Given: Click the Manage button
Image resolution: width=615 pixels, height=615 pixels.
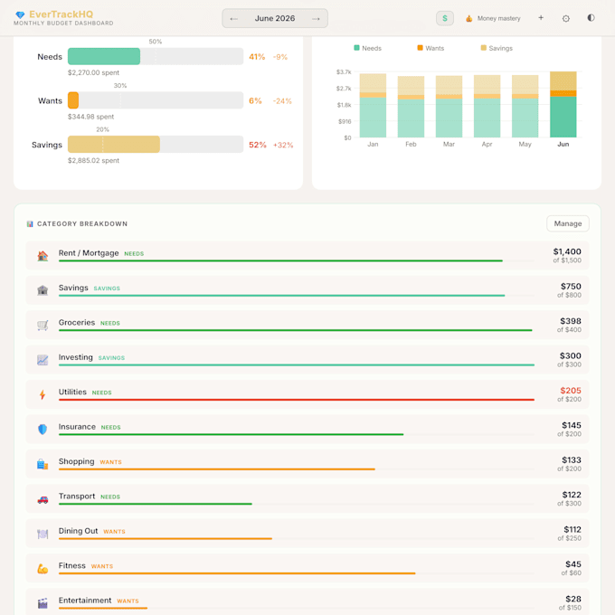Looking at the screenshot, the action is [568, 223].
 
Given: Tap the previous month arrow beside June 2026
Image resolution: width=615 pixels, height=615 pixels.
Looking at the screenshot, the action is [233, 19].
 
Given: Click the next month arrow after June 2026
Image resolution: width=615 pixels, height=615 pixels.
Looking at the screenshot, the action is [316, 19].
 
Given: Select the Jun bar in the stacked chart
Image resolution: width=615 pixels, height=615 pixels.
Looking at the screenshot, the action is [563, 104].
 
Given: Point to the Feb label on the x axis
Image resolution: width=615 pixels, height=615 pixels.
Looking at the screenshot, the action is [411, 145].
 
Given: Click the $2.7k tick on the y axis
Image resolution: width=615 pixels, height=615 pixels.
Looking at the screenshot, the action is [344, 89].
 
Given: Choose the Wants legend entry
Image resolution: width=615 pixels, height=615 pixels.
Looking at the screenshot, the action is [430, 48].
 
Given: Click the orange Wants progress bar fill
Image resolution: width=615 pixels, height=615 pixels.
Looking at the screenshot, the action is [73, 100].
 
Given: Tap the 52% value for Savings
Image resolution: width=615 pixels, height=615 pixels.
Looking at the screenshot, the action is [257, 145].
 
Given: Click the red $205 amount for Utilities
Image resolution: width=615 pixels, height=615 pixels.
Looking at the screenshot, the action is [571, 391].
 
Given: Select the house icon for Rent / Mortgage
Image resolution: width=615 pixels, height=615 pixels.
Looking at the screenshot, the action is [43, 256].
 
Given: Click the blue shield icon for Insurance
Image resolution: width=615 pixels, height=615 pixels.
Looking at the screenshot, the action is [43, 429].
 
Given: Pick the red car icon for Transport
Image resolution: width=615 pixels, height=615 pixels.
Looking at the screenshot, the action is [43, 499].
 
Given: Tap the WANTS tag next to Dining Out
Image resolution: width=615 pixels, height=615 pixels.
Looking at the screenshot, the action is [114, 532].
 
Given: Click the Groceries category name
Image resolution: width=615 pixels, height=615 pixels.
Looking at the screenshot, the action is [77, 322].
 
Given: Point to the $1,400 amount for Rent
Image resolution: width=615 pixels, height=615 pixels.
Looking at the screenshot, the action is [567, 251].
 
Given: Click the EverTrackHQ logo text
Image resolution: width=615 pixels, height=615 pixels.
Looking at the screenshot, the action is [61, 14].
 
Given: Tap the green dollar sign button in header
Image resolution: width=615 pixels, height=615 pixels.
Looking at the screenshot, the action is [445, 18].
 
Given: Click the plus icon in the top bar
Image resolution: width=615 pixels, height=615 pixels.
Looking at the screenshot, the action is [541, 18].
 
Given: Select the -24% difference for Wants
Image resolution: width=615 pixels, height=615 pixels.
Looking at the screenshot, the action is [282, 101].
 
